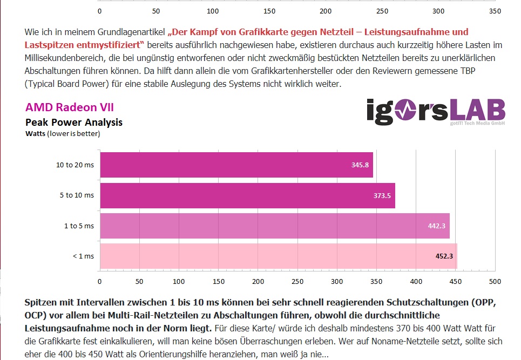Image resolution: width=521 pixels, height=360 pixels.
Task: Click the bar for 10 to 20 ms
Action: tap(236, 165)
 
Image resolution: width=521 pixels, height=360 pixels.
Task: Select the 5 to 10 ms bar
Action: tap(247, 195)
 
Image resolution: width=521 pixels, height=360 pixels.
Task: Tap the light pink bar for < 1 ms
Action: tap(278, 256)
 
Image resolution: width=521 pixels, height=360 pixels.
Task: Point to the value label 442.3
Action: tap(436, 226)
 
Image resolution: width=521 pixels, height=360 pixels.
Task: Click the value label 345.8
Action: tap(360, 165)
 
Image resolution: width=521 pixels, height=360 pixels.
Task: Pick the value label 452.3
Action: tap(444, 256)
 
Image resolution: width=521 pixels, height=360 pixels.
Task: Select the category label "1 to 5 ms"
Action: tap(79, 226)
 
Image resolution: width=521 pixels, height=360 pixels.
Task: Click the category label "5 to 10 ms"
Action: tap(77, 195)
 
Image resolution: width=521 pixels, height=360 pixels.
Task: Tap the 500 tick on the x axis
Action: tap(495, 281)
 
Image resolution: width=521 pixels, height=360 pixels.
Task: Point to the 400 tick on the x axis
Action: tap(416, 281)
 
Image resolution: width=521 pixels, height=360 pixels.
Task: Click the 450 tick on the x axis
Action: tap(455, 281)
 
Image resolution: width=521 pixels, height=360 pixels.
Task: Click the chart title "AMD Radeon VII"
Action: tap(70, 107)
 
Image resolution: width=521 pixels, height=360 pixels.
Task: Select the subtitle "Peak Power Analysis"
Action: tap(74, 123)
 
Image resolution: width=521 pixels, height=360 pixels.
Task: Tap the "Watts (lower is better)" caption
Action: tap(63, 133)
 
